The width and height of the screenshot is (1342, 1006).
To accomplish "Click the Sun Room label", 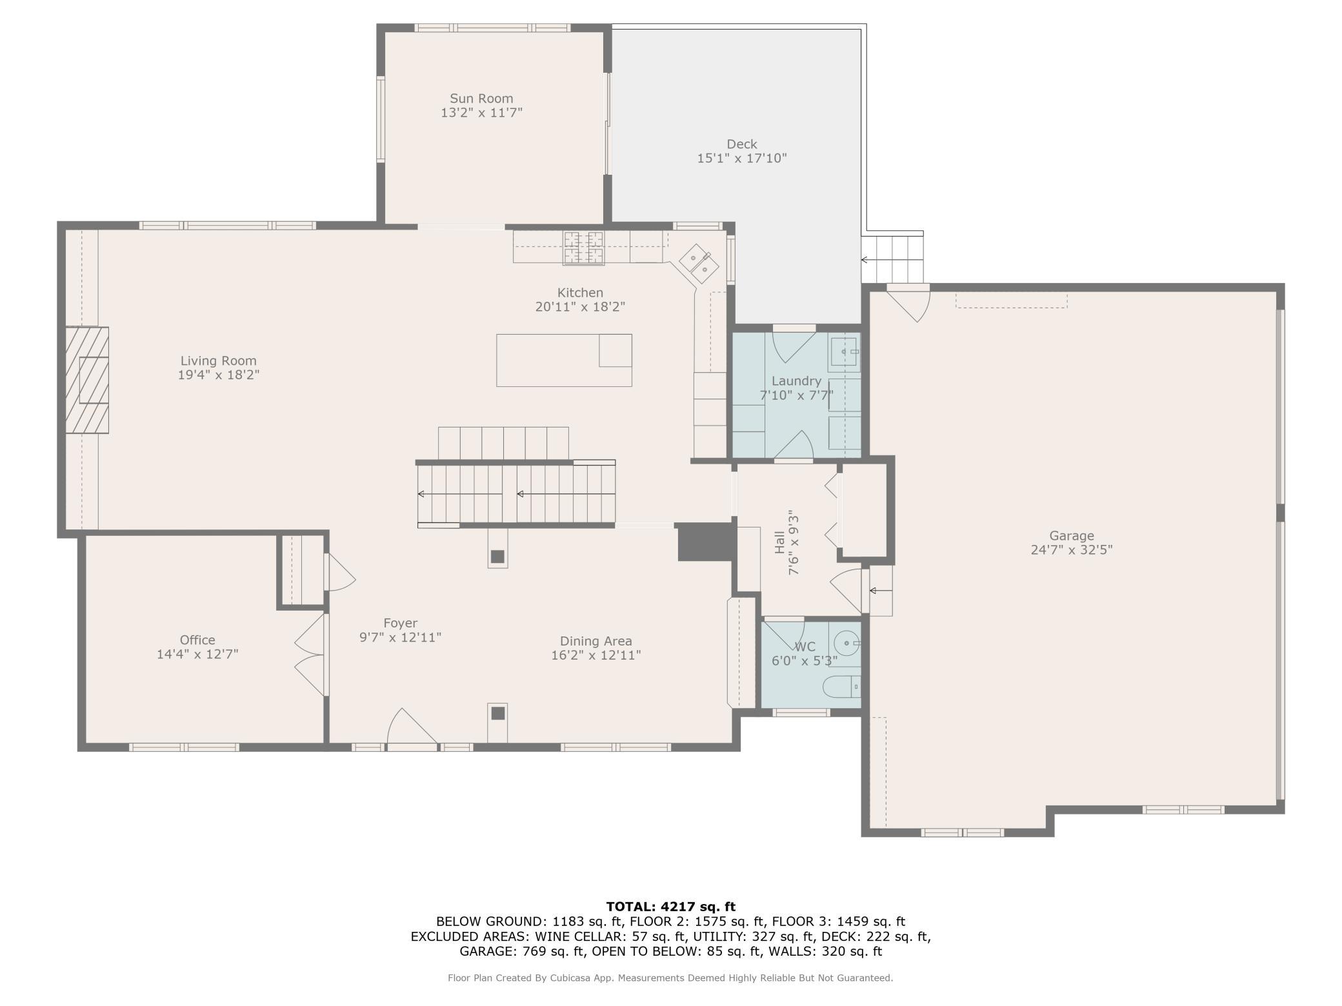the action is (x=481, y=99).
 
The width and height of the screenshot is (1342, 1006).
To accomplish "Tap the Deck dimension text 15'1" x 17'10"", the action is (x=742, y=158).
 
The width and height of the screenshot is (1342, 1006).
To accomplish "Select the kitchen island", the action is (x=564, y=360).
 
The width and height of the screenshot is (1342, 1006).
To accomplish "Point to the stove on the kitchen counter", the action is (x=584, y=248).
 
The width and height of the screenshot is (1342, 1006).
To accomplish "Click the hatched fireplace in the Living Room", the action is (x=87, y=380).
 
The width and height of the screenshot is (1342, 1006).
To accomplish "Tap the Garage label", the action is (x=1072, y=536).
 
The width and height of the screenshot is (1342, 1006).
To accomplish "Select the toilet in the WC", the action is (x=842, y=687).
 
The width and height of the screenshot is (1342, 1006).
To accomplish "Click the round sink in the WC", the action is (x=846, y=643).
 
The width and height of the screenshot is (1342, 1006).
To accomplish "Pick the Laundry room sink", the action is (x=844, y=353).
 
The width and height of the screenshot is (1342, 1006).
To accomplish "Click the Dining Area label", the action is (x=596, y=642).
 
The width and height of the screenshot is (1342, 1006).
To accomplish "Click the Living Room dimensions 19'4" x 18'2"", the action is (x=219, y=375).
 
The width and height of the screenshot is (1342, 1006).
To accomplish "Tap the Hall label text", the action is (x=779, y=542).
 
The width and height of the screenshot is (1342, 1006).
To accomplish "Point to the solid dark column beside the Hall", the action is (x=706, y=542).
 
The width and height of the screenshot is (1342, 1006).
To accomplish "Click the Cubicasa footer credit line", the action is (x=670, y=978).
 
